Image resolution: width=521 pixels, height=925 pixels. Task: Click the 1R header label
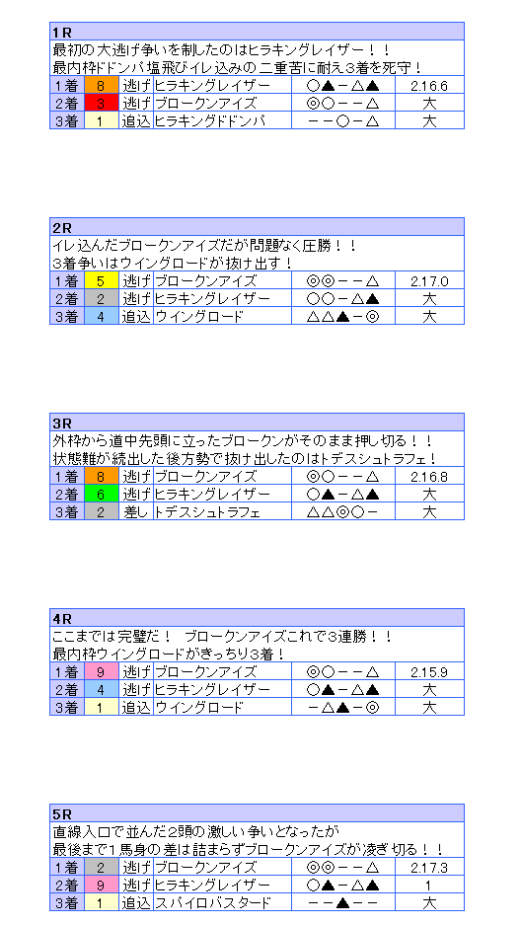(x=62, y=33)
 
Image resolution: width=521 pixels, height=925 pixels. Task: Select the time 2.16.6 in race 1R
(x=429, y=86)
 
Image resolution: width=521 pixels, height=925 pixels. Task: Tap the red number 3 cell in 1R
(x=102, y=104)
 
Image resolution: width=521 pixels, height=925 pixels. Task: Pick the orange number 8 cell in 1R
(x=102, y=86)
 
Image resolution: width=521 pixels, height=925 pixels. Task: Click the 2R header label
(x=62, y=228)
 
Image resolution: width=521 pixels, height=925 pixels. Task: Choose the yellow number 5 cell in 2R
(x=102, y=280)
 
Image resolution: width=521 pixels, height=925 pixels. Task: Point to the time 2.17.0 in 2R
(x=429, y=281)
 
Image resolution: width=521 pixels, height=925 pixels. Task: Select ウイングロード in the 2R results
(x=198, y=316)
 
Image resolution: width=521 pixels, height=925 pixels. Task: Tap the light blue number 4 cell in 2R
(x=102, y=316)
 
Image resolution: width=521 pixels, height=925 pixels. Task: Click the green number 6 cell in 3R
(x=102, y=494)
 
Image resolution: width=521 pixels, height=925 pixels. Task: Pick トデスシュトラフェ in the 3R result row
(x=207, y=511)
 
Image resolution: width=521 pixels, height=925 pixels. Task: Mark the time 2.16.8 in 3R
(x=429, y=477)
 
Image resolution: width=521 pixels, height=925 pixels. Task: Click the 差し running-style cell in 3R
(x=136, y=511)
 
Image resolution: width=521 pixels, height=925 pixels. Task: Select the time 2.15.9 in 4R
(x=429, y=672)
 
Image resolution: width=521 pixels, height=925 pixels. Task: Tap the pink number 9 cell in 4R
(x=102, y=671)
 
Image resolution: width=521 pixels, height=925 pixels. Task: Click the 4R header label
(x=62, y=618)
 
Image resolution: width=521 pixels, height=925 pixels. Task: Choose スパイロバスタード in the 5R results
(x=213, y=902)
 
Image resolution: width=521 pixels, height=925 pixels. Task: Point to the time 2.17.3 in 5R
(x=429, y=867)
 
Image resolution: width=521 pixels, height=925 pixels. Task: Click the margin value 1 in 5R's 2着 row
(x=429, y=885)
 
